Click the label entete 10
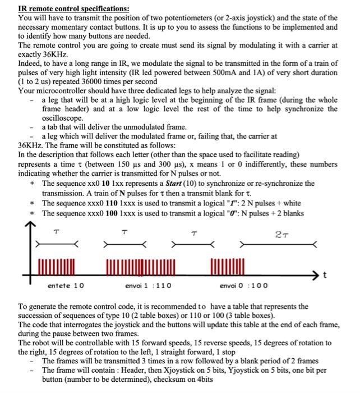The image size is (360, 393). (x=66, y=285)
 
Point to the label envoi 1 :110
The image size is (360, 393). (x=148, y=285)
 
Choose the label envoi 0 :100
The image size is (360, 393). (x=243, y=285)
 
